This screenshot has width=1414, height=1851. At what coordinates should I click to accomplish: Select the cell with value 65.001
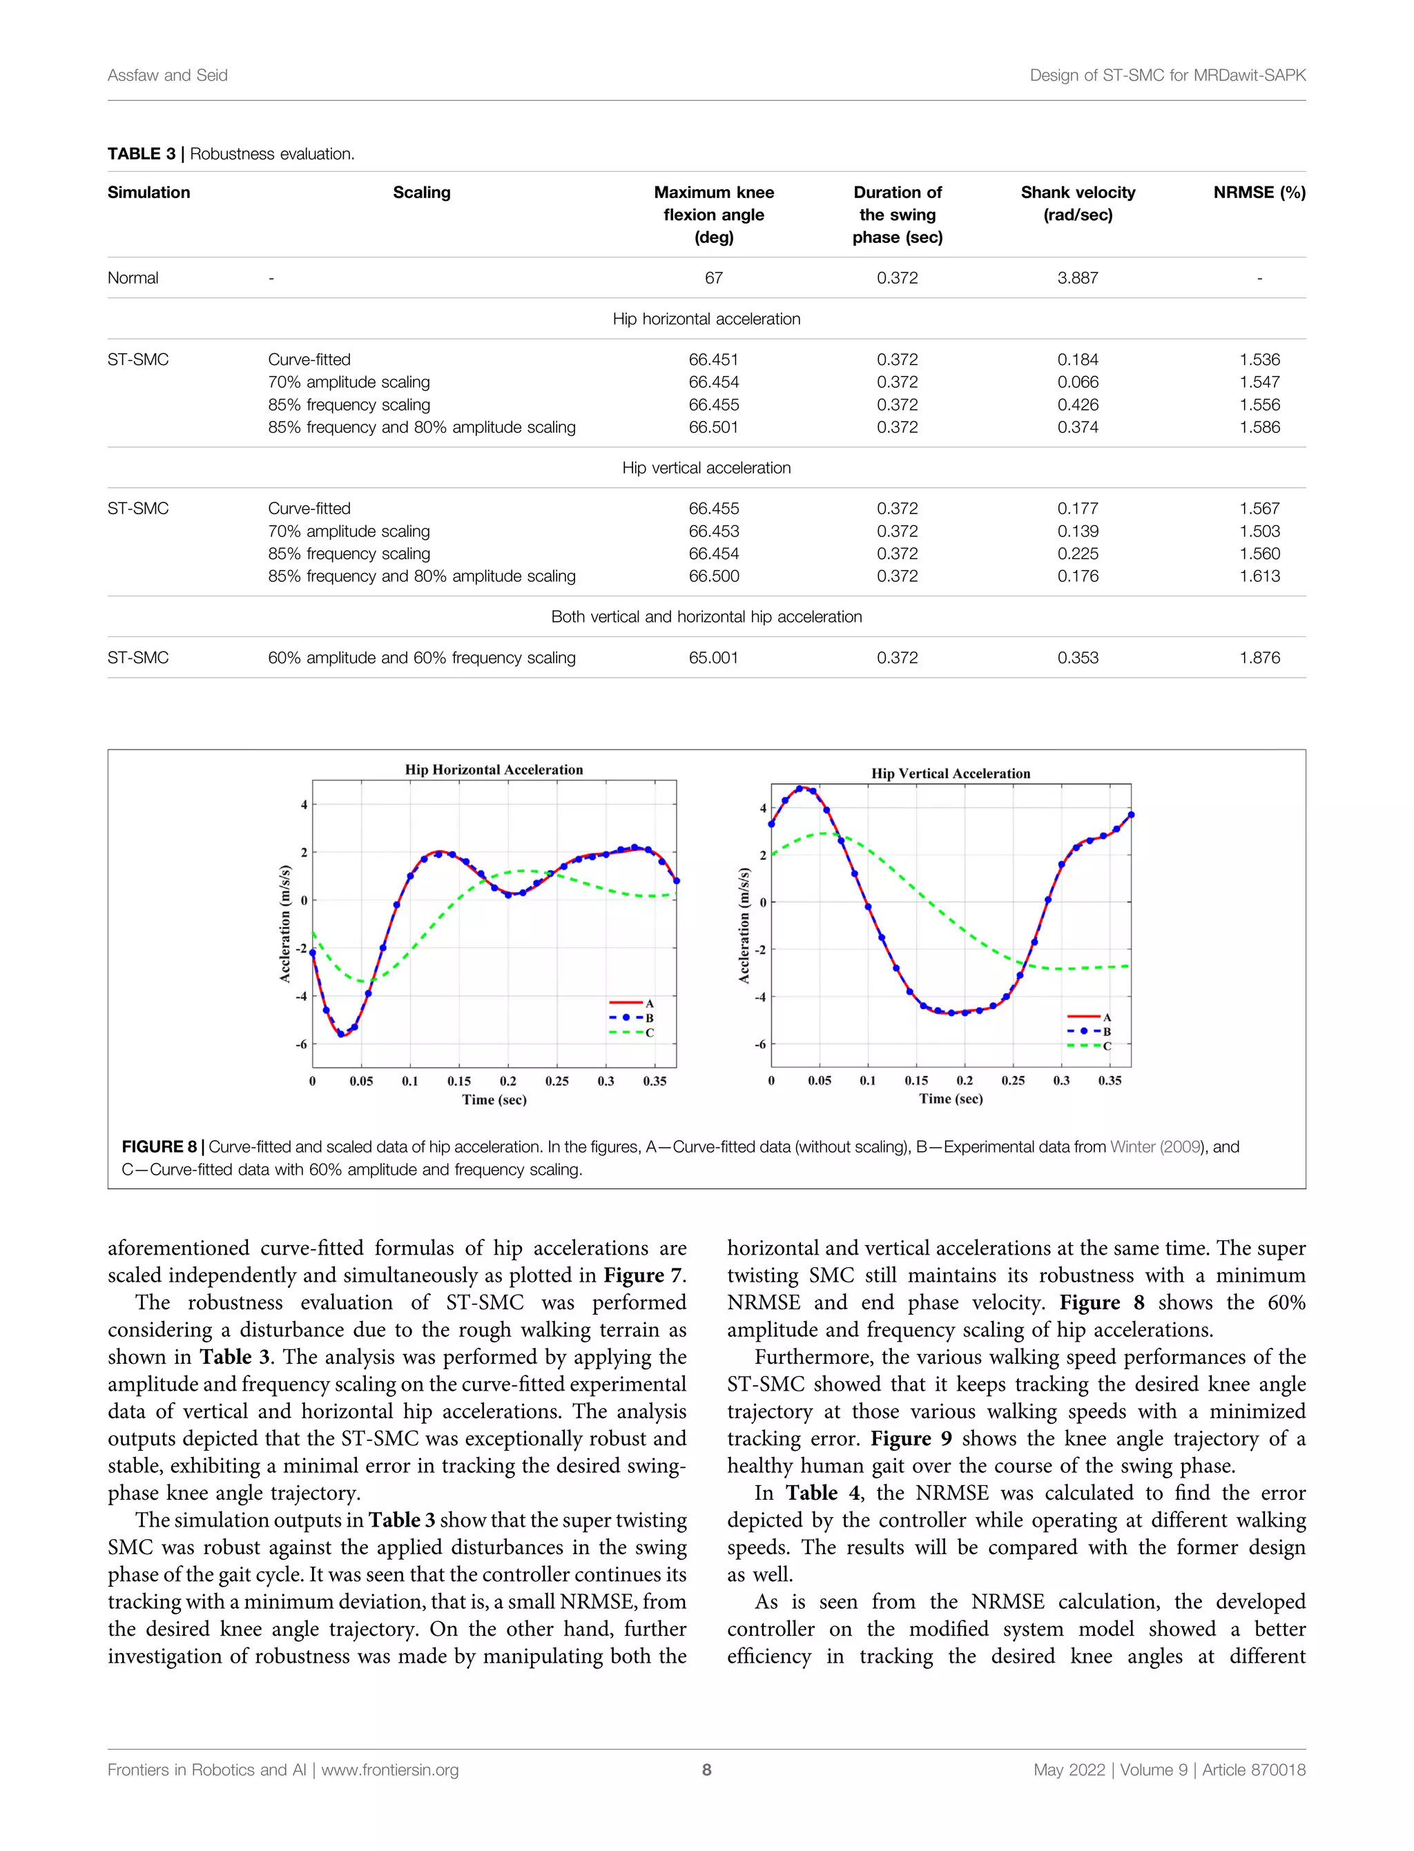point(713,657)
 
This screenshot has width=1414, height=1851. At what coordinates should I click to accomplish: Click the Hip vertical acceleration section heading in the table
point(706,468)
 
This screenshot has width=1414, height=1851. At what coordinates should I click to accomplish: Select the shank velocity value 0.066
point(1077,382)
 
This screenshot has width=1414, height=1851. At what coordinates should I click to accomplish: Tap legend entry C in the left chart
point(649,1032)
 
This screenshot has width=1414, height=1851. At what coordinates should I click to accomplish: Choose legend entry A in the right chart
point(1106,1017)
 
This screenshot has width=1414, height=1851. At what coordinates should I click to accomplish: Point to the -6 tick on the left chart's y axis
point(300,1044)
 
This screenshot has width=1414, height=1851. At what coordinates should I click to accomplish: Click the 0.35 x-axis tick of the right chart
point(1110,1080)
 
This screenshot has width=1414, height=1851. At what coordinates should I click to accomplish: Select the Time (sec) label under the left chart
point(494,1099)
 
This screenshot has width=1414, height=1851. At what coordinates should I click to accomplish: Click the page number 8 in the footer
point(706,1770)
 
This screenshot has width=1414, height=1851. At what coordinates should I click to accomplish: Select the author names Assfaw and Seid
point(168,75)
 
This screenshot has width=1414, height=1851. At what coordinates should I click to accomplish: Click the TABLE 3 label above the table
point(142,153)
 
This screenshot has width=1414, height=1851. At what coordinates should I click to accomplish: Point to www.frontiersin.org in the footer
point(389,1770)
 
